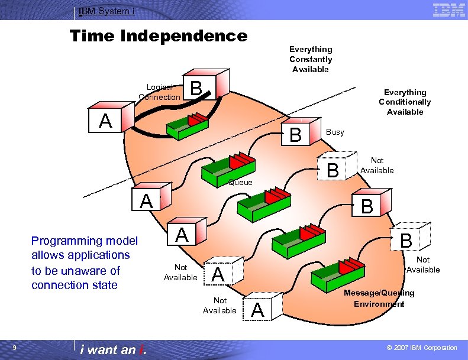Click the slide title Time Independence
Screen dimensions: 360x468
click(x=159, y=36)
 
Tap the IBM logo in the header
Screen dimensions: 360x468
click(x=448, y=10)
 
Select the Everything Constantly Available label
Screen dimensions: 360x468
click(x=311, y=59)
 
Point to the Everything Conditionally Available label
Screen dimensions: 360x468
click(x=405, y=102)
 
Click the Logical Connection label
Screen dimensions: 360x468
click(x=159, y=92)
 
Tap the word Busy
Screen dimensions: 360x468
click(x=335, y=132)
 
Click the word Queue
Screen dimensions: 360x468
click(x=240, y=182)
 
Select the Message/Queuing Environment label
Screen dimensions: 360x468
click(x=379, y=298)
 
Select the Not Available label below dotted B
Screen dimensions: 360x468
click(x=423, y=265)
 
